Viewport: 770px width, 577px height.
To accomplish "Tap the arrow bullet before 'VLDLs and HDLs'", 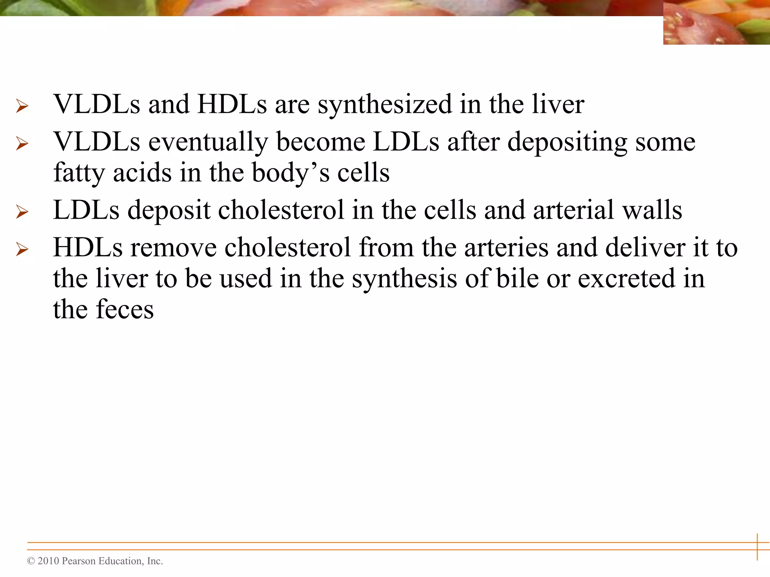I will pos(22,106).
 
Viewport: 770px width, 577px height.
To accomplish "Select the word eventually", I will pos(208,143).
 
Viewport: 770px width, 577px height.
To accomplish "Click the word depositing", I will pos(567,143).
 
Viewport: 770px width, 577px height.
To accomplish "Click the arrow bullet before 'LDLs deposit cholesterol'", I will pos(22,212).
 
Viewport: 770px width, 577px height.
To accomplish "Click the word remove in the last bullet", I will pos(173,248).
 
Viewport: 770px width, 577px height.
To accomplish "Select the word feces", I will pos(125,310).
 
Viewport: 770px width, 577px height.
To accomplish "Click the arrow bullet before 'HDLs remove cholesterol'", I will pos(22,249).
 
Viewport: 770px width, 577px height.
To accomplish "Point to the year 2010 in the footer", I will pos(48,561).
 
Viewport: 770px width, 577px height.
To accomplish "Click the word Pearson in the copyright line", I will pos(78,561).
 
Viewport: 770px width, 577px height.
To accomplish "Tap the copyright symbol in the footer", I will pos(31,561).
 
